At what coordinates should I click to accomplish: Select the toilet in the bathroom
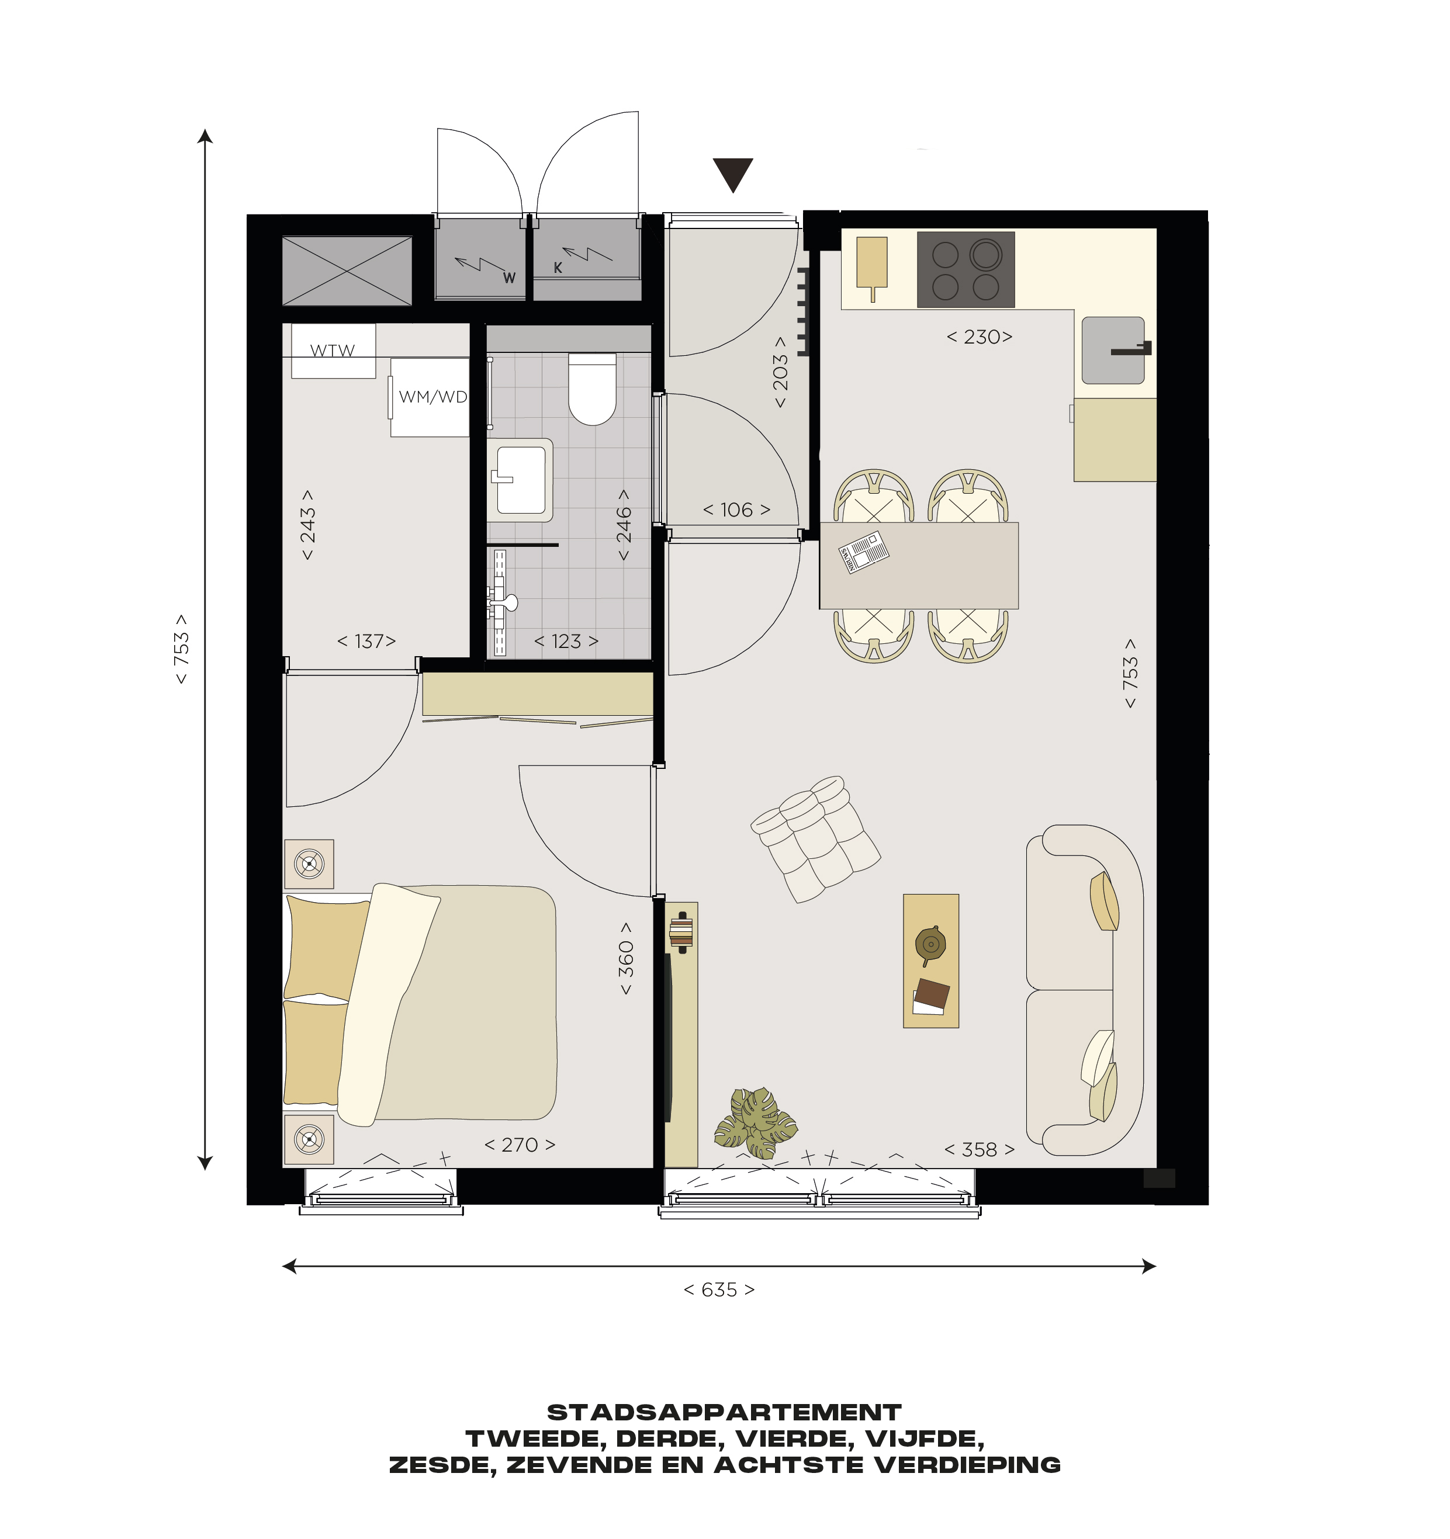(x=592, y=389)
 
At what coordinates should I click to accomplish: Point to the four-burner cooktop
(x=965, y=269)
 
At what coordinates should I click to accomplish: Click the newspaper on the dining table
(x=864, y=552)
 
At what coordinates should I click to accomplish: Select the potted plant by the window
(x=755, y=1122)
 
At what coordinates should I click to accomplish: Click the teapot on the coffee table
(x=930, y=944)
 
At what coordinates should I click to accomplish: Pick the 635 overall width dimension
(x=719, y=1290)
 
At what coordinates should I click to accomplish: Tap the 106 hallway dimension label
(x=736, y=509)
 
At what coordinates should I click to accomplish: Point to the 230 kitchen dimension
(x=980, y=337)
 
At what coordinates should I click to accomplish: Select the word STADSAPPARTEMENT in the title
(x=725, y=1413)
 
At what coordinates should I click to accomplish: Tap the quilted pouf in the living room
(x=815, y=839)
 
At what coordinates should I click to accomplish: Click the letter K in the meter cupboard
(x=558, y=268)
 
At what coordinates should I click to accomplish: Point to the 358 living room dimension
(x=980, y=1150)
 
